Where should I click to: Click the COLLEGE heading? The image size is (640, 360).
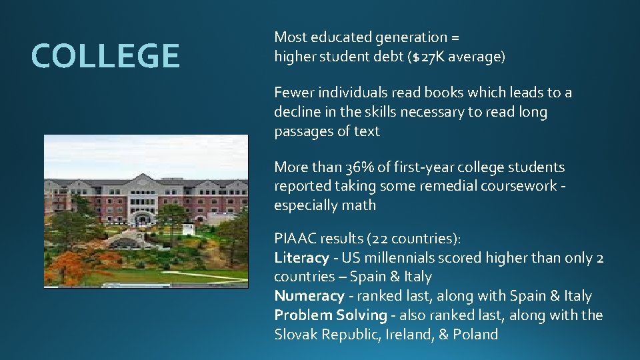pos(105,56)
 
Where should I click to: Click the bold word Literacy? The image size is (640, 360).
pos(301,258)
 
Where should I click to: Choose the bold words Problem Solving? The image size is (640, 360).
pos(331,315)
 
